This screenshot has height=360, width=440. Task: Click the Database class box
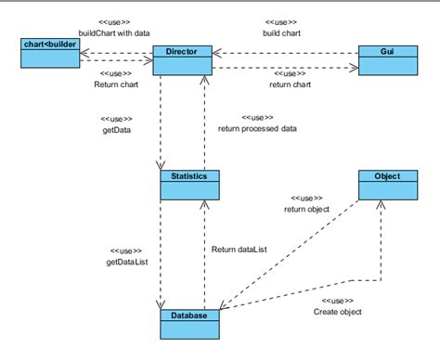190,322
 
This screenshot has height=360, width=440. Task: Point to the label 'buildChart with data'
114,32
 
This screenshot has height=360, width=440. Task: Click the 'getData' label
115,131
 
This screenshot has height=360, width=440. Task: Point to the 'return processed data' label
257,128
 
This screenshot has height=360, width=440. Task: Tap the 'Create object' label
337,313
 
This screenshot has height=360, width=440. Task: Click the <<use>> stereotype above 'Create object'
337,302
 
